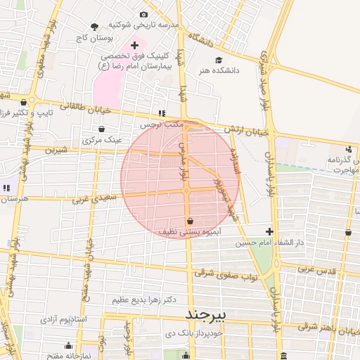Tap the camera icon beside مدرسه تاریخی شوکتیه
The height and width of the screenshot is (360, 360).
point(144,15)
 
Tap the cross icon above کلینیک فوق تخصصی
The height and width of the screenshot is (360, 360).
point(135,45)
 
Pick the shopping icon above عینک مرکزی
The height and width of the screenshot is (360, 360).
point(103,129)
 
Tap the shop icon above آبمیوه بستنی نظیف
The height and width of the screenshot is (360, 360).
point(191,221)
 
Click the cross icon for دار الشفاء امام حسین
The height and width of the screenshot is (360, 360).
point(269,231)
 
